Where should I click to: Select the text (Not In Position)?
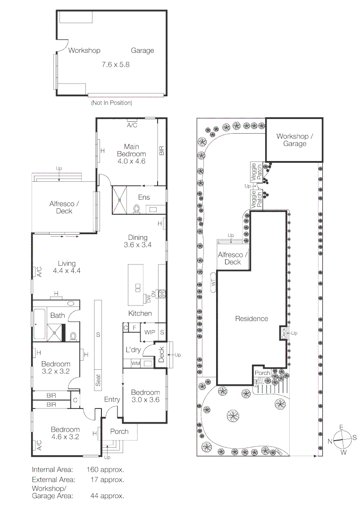tap(111, 102)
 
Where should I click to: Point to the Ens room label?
tap(144, 197)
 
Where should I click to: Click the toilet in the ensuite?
tap(137, 208)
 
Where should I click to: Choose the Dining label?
tap(138, 238)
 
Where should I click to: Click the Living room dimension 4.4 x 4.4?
tap(67, 271)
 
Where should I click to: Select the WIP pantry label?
tap(150, 332)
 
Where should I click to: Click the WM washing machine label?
tap(135, 363)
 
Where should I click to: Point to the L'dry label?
tap(132, 350)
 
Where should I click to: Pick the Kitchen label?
tap(140, 314)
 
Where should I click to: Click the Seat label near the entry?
tap(98, 381)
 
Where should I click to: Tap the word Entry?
tap(112, 399)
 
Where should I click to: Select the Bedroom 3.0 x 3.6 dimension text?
tap(145, 400)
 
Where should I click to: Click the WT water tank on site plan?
tap(213, 283)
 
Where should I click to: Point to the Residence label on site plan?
tap(251, 319)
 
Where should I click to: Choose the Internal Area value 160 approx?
tap(105, 470)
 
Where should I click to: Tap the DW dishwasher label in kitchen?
tap(148, 298)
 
